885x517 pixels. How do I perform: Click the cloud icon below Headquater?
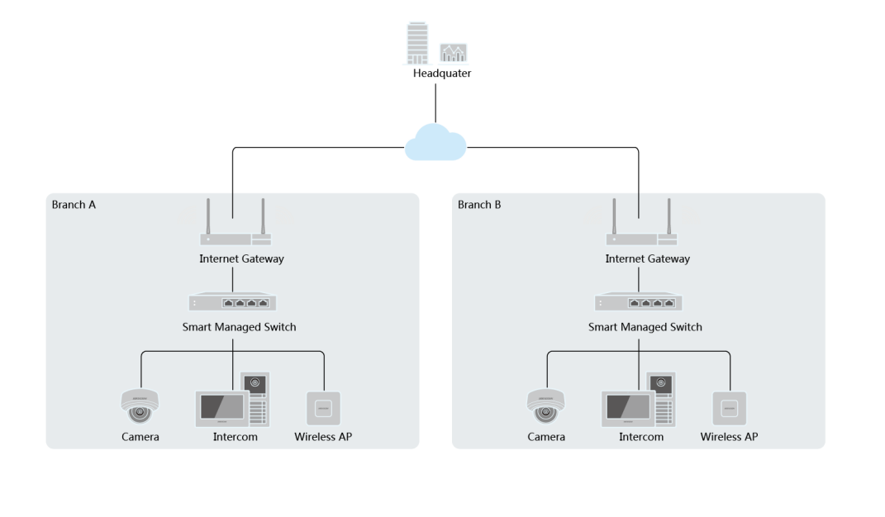click(435, 143)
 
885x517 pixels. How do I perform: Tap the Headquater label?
click(442, 73)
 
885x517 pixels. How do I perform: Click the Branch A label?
click(74, 204)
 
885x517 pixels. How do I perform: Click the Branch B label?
click(479, 204)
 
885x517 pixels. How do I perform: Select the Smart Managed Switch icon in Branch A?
click(232, 302)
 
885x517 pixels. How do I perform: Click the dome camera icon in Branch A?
click(139, 405)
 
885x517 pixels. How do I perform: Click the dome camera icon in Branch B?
click(545, 405)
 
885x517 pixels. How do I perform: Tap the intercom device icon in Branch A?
click(232, 400)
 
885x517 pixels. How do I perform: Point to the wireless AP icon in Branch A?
click(323, 408)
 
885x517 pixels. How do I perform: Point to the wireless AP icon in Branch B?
click(729, 408)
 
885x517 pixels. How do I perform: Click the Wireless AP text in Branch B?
click(729, 436)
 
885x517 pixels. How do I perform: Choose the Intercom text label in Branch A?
click(236, 436)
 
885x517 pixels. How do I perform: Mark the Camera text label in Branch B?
click(546, 436)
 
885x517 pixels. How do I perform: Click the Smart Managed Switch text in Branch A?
click(239, 327)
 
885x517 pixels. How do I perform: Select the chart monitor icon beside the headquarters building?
click(454, 53)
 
